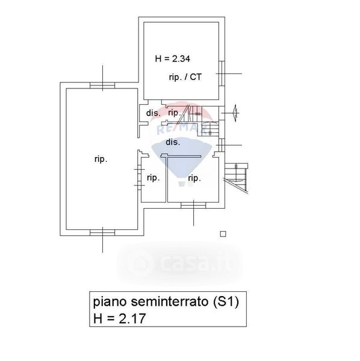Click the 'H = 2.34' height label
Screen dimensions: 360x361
click(173, 59)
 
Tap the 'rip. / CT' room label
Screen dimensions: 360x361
click(185, 77)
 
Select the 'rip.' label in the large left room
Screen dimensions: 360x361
click(101, 159)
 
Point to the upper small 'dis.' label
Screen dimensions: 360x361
click(153, 113)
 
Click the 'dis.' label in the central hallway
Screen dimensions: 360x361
click(173, 142)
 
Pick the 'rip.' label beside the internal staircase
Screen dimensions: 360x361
click(174, 113)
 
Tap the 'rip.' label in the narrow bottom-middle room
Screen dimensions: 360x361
click(154, 177)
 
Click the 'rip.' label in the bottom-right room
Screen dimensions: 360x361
click(194, 178)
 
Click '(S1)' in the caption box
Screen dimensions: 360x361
click(226, 301)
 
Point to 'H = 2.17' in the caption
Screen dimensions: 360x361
click(119, 318)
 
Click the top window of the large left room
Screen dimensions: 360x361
click(102, 85)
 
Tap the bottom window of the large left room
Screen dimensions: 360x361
click(102, 232)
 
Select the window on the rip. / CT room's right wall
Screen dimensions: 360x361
click(222, 73)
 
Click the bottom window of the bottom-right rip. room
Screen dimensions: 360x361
click(193, 205)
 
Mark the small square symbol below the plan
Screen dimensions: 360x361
click(223, 234)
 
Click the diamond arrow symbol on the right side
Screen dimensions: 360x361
click(235, 113)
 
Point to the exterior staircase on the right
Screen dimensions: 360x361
click(236, 177)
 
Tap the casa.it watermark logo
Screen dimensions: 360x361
click(180, 264)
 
